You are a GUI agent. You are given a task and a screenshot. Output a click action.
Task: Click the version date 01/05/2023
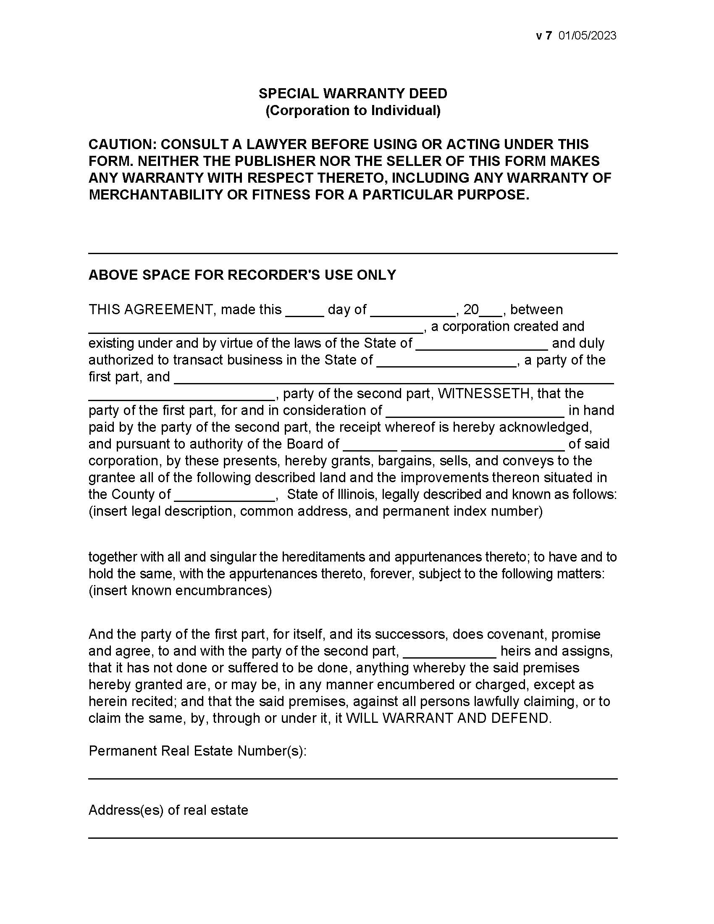point(587,36)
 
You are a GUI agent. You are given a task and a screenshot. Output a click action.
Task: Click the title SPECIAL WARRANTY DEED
point(353,94)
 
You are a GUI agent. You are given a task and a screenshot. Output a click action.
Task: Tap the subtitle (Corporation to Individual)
point(353,110)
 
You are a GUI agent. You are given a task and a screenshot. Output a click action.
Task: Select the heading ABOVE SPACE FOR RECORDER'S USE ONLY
point(242,275)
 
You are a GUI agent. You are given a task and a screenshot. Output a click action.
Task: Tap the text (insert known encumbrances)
point(180,590)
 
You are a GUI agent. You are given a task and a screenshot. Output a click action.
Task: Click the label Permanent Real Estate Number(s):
point(197,751)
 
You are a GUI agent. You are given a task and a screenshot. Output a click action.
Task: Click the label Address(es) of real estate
point(168,810)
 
